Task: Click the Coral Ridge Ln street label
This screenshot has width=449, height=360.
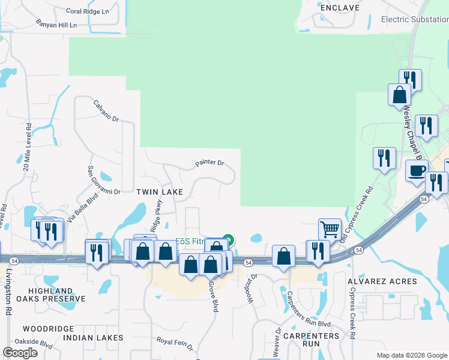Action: (88, 11)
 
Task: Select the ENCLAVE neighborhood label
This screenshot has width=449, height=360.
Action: (339, 8)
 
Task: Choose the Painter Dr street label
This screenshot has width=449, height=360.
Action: (209, 163)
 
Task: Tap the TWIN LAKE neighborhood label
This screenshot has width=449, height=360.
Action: (159, 191)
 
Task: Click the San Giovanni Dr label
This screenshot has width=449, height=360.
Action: (104, 179)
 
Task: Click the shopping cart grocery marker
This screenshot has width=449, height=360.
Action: (329, 228)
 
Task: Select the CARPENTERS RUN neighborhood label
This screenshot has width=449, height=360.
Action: (311, 340)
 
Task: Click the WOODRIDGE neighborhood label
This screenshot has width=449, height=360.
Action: (48, 329)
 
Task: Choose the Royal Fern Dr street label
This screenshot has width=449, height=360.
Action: (174, 343)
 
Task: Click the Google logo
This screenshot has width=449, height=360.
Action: (20, 353)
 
